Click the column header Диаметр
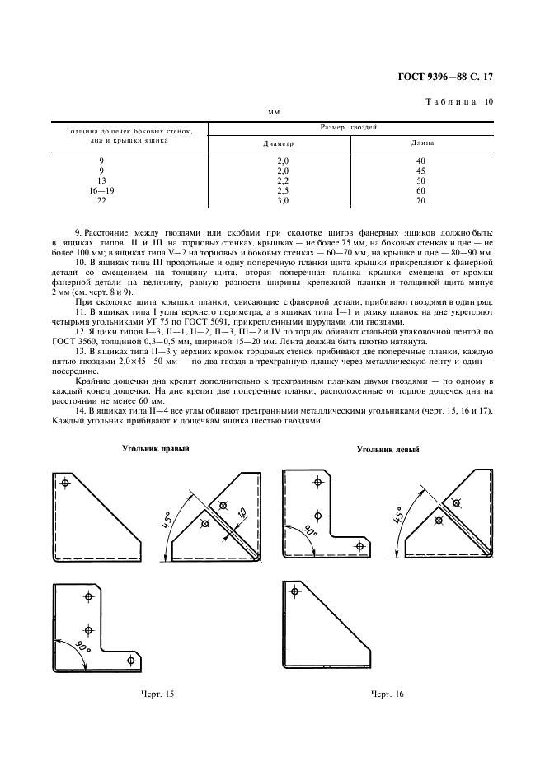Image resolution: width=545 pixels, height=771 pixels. [x=278, y=143]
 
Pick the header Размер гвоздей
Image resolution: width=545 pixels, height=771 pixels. [x=350, y=128]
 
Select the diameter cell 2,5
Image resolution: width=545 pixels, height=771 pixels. [x=283, y=189]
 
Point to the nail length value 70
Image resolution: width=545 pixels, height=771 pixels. [x=420, y=199]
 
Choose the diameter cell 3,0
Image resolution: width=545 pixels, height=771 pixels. [x=283, y=199]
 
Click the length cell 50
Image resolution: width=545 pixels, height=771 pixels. [x=420, y=180]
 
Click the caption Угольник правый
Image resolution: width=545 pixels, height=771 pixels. [x=156, y=449]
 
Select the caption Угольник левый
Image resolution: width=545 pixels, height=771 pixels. [x=388, y=450]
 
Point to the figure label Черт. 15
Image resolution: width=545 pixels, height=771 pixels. [x=157, y=694]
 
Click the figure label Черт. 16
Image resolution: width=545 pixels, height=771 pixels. [x=387, y=694]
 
